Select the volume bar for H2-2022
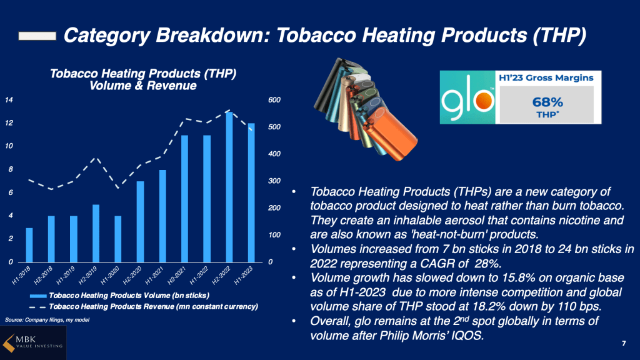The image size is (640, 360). tap(229, 187)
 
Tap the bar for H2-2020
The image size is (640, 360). tap(140, 221)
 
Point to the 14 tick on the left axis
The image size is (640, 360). tap(9, 100)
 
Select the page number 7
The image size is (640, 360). tap(624, 343)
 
